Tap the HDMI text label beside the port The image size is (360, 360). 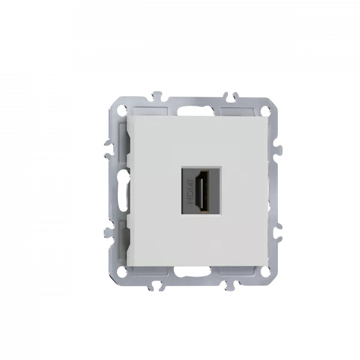click(191, 191)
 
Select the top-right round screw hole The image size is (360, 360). click(265, 109)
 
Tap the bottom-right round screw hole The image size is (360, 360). click(265, 272)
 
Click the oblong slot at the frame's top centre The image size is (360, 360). click(193, 111)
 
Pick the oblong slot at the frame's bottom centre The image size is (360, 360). click(193, 272)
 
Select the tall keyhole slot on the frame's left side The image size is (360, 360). click(122, 191)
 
